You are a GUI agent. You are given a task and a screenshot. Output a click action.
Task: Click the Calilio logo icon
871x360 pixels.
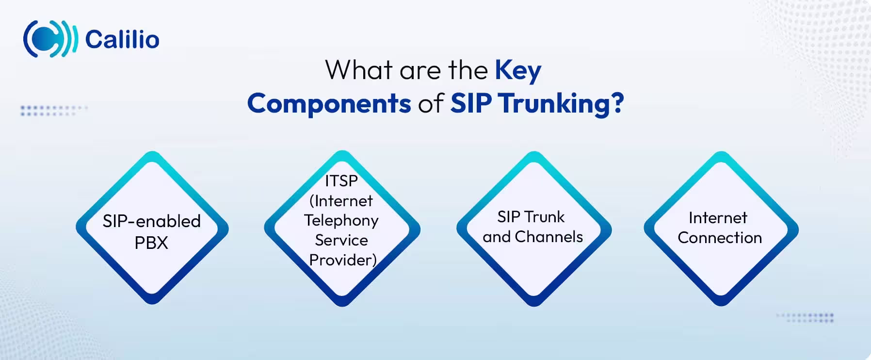(x=50, y=39)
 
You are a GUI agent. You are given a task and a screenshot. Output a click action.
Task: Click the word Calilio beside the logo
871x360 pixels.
(x=122, y=39)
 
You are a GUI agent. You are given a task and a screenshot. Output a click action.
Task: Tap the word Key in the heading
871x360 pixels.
(x=517, y=71)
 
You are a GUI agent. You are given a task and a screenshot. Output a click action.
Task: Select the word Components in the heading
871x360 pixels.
(x=329, y=103)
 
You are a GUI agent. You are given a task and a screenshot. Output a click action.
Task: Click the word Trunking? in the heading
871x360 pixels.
(x=561, y=103)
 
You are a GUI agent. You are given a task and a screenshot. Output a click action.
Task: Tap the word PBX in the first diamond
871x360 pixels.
(x=151, y=243)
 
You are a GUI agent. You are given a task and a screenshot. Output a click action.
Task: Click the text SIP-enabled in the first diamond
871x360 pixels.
(x=151, y=221)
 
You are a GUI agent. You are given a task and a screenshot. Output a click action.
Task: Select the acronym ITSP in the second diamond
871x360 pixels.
(x=341, y=181)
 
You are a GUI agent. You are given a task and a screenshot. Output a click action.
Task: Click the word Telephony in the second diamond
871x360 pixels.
(x=341, y=220)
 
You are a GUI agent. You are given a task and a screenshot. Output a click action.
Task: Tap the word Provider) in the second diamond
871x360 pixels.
(x=343, y=260)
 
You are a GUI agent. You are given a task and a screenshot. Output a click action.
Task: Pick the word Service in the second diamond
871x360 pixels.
(x=341, y=240)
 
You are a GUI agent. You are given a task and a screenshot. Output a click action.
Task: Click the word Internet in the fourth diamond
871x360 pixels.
(x=718, y=218)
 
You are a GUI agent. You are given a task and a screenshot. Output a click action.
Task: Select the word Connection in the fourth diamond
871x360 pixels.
(x=720, y=238)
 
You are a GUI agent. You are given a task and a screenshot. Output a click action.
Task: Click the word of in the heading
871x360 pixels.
(x=431, y=103)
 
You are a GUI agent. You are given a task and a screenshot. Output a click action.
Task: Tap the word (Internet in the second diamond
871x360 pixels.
(x=341, y=201)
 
